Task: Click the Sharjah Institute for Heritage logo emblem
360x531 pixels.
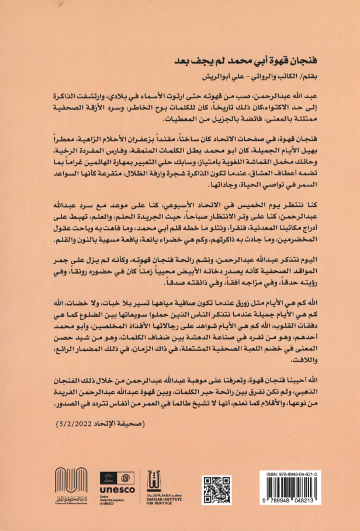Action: (155, 483)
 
